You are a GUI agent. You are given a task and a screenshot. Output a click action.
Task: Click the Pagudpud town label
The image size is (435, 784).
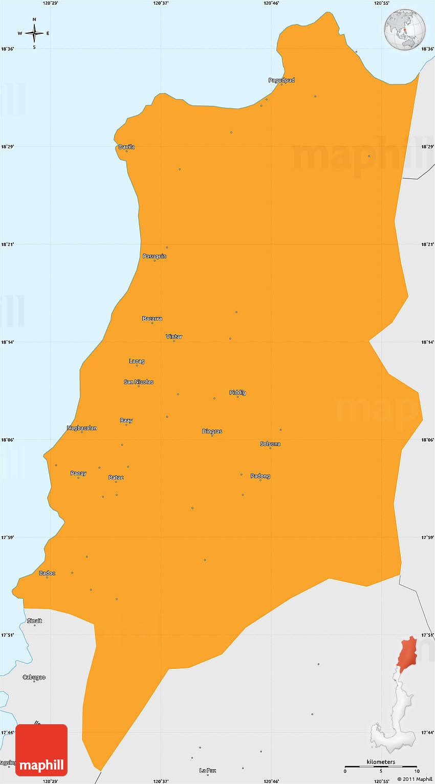[x=281, y=80]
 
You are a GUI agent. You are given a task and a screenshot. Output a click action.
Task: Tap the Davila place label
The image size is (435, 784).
[x=126, y=147]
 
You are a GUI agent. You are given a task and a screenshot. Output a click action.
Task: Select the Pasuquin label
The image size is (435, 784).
[x=155, y=256]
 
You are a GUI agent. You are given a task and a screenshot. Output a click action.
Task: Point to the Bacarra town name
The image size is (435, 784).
[x=152, y=319]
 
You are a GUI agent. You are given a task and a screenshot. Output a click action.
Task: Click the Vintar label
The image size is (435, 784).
[x=174, y=337]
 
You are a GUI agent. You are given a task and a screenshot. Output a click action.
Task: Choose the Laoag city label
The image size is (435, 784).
[x=137, y=361]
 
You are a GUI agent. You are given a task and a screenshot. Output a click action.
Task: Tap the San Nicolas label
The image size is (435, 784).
[x=139, y=382]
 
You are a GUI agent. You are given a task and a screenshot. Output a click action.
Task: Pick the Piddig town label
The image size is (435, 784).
[x=237, y=393]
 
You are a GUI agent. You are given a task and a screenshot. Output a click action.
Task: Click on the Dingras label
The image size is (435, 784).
[x=212, y=432]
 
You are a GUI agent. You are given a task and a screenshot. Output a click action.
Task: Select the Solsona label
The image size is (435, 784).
[x=270, y=444]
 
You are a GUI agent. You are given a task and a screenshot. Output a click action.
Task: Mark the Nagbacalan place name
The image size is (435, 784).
[x=82, y=428]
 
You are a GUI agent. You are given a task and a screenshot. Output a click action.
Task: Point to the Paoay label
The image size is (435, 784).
[x=78, y=474]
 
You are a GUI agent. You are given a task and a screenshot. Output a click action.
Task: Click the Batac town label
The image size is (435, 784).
[x=116, y=478]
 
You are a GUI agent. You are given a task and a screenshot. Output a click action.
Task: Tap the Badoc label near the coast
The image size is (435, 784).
[x=47, y=573]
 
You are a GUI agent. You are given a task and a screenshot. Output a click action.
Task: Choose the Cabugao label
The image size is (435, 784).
[x=34, y=677]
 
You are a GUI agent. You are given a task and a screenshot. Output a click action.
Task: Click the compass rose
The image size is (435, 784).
[x=34, y=33]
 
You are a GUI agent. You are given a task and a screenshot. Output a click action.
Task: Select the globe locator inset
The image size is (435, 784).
[x=406, y=30]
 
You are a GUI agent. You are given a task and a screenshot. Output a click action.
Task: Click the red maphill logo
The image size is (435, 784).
[x=41, y=750]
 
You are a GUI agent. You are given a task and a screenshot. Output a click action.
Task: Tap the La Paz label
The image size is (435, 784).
[x=208, y=770]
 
